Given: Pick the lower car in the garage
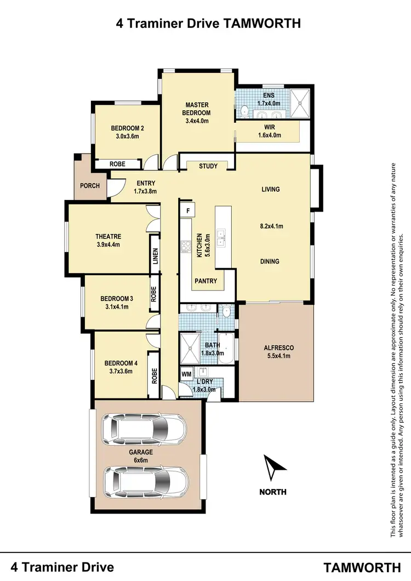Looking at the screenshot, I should pyautogui.click(x=147, y=481).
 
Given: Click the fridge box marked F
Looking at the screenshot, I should pyautogui.click(x=188, y=210).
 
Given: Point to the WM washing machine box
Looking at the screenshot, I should pyautogui.click(x=186, y=374).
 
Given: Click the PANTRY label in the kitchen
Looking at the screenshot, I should pyautogui.click(x=206, y=281).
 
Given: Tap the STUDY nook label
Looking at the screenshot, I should pyautogui.click(x=208, y=166).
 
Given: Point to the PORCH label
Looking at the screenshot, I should pyautogui.click(x=90, y=186).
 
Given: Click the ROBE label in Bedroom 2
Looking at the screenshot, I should pyautogui.click(x=117, y=164).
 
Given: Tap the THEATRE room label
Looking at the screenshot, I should pyautogui.click(x=108, y=237).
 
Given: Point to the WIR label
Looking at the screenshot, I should pyautogui.click(x=270, y=127).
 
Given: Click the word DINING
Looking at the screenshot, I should pyautogui.click(x=270, y=261).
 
